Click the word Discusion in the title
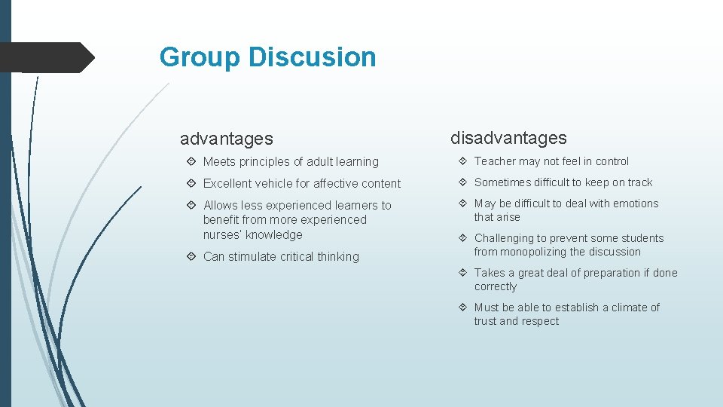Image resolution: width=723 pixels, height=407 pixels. (x=312, y=57)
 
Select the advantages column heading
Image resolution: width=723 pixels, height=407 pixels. (x=226, y=139)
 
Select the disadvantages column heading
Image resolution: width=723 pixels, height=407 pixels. (x=508, y=138)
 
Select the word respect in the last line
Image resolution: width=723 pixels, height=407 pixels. (x=541, y=321)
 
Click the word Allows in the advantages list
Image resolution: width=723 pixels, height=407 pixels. (x=221, y=205)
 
